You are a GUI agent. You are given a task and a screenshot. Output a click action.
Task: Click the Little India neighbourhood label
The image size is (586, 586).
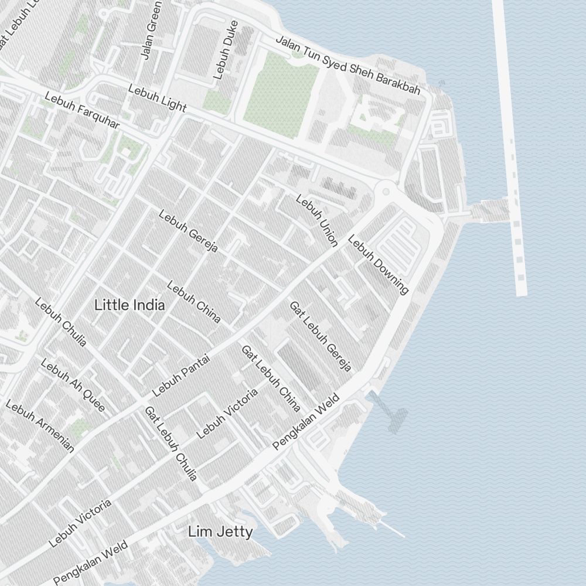tap(130, 305)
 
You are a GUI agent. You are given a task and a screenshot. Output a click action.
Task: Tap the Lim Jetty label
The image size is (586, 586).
tap(220, 532)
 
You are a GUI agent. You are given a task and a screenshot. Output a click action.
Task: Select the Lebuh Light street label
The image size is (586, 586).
tap(157, 98)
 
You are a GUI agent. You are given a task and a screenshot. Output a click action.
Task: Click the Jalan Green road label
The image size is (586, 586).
tap(150, 31)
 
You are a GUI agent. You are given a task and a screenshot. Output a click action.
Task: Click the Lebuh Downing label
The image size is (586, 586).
tap(378, 264)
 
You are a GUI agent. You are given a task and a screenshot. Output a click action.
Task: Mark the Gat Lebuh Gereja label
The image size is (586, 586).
tap(321, 336)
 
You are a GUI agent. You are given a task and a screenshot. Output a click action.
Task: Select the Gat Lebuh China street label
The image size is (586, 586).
tap(271, 378)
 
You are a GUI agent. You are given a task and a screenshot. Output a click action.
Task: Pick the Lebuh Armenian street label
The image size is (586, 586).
tap(40, 427)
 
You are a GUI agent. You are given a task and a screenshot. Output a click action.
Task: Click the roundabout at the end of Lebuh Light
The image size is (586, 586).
tap(386, 190)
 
